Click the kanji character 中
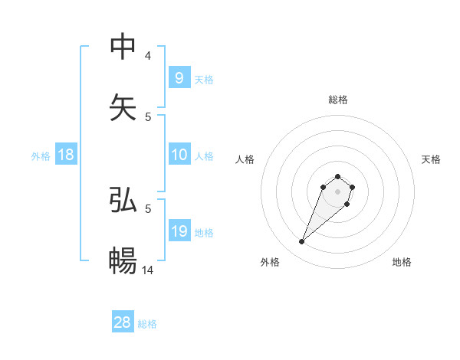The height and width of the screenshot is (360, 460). tap(123, 47)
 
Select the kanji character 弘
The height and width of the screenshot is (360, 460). tap(123, 200)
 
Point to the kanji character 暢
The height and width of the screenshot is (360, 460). tap(123, 260)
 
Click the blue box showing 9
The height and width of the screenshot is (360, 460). tap(179, 77)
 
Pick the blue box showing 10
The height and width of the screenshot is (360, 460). tap(179, 155)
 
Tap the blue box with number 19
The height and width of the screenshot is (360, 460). tap(179, 231)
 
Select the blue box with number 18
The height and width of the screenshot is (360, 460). tap(66, 155)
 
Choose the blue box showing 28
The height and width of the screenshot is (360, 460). tap(123, 322)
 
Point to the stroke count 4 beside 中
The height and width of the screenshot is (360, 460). tap(148, 56)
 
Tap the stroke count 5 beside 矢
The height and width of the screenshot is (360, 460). tap(148, 116)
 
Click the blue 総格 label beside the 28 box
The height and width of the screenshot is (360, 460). tap(147, 324)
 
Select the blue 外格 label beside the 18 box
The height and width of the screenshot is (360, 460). tap(41, 156)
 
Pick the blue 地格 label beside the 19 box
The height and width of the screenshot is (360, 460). tap(204, 233)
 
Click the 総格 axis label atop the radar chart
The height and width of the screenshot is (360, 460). tap(337, 100)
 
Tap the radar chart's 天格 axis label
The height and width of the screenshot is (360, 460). tap(431, 159)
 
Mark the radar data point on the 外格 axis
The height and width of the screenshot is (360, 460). tap(301, 242)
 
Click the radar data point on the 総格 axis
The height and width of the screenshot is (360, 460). tap(337, 175)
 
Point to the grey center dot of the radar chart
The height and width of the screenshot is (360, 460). tap(337, 191)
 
